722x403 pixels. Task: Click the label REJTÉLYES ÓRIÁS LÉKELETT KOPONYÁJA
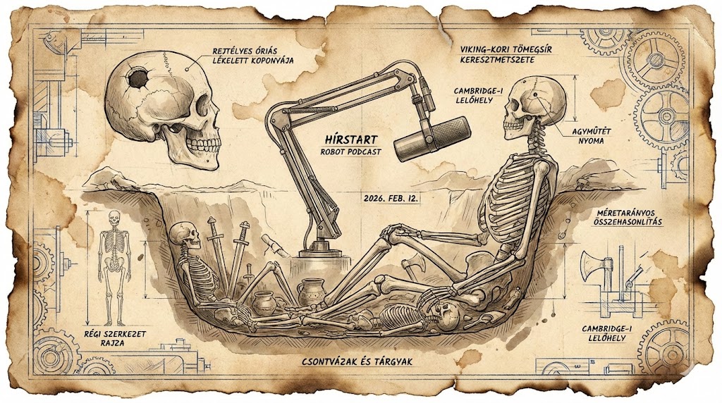click(252, 56)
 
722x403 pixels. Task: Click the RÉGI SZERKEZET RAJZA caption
click(111, 337)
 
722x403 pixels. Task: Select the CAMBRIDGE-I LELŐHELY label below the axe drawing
click(611, 333)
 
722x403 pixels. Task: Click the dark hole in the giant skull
click(138, 77)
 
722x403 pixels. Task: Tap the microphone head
click(432, 138)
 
